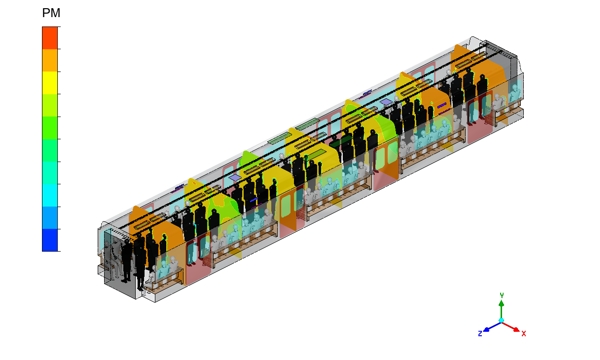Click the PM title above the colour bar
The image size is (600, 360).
(51, 13)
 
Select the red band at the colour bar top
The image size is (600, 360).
(50, 37)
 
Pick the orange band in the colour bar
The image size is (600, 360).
(50, 60)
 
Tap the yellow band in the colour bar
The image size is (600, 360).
(50, 83)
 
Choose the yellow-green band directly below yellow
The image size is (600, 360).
(50, 105)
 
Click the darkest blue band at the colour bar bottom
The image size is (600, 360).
(50, 240)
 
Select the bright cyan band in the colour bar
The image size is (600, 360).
(50, 195)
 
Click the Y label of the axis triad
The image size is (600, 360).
(502, 295)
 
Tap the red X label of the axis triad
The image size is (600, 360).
(524, 334)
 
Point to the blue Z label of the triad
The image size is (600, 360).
(480, 334)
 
